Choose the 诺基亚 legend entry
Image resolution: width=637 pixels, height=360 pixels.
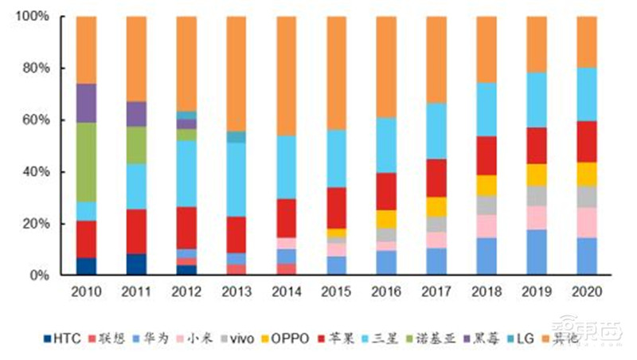tap(441, 339)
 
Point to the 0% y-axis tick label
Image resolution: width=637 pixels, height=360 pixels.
tap(41, 276)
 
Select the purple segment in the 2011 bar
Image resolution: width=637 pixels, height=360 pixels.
tap(136, 114)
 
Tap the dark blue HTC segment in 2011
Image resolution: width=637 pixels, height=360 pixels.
tap(136, 264)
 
